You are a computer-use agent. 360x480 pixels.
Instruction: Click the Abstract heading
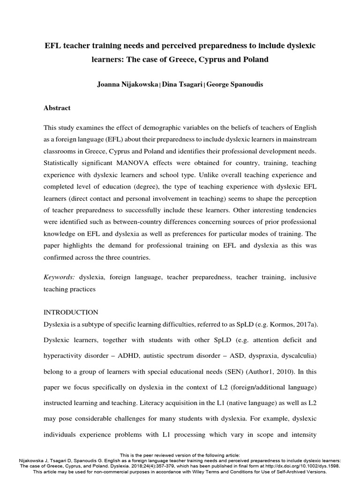click(x=57, y=108)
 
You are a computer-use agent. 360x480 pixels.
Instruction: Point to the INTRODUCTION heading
click(x=71, y=312)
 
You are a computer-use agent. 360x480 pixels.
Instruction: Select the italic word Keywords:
click(x=59, y=277)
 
